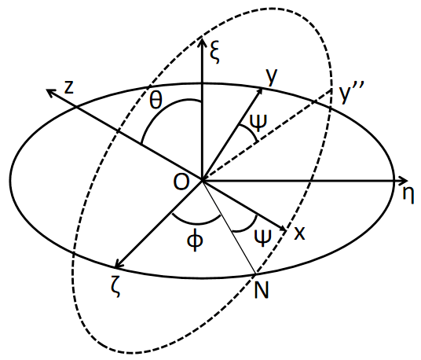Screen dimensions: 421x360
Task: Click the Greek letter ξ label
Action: (215, 53)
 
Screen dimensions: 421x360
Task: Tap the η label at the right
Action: (408, 195)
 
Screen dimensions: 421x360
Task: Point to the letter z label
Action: (69, 87)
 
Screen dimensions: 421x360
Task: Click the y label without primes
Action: (272, 77)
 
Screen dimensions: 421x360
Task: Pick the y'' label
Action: (352, 93)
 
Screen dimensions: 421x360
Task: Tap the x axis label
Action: (299, 233)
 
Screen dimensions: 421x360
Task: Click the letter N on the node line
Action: (262, 290)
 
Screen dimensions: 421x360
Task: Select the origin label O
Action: (181, 182)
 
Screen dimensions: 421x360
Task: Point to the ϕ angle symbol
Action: (195, 241)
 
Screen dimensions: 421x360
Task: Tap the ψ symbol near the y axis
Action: (258, 123)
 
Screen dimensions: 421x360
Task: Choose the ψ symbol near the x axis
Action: (262, 238)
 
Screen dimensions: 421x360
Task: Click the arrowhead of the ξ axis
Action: (202, 43)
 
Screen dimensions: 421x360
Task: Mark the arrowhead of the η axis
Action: (403, 181)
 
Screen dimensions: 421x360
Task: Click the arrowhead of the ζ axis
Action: (119, 264)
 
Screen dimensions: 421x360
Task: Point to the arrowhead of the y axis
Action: (260, 92)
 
